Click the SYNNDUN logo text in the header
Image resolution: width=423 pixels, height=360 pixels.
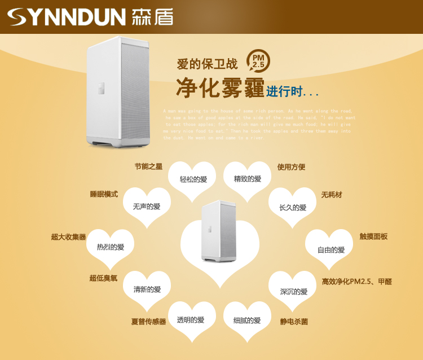[67, 17]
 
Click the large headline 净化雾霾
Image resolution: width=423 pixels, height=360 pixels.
[219, 89]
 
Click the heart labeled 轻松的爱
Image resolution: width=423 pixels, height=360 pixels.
[193, 179]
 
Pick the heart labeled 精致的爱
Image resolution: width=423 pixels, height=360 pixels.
[248, 179]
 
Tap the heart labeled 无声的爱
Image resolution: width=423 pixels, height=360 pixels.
[147, 207]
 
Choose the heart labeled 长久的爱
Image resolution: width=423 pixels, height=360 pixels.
[293, 207]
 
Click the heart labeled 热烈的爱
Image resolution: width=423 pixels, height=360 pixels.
[110, 247]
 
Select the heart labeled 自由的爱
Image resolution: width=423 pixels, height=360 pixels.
[331, 249]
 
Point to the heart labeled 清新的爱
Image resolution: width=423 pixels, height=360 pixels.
[147, 289]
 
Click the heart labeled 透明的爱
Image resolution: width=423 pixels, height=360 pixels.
[191, 320]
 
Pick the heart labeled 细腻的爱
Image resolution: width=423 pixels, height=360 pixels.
[247, 321]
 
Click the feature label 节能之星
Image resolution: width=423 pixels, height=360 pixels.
[148, 166]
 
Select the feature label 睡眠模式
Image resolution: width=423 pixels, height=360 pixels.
[104, 194]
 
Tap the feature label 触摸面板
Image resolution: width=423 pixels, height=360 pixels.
[373, 236]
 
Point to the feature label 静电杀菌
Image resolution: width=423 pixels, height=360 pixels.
[294, 322]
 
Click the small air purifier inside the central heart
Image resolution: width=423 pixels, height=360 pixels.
[218, 231]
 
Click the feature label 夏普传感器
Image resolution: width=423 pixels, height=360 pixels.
[148, 322]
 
